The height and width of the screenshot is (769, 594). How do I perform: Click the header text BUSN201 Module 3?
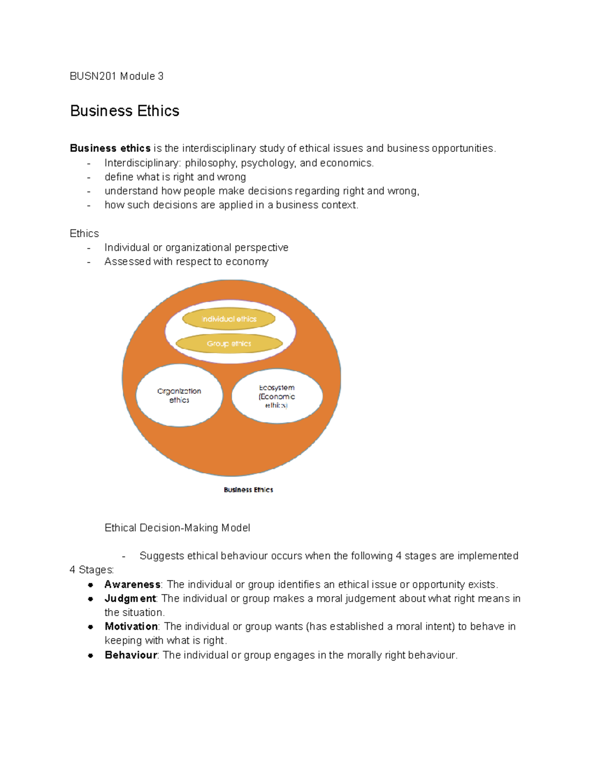116,76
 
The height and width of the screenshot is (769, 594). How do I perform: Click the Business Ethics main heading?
125,110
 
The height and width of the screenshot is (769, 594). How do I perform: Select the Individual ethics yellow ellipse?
229,319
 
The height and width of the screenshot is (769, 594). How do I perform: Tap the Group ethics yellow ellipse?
229,344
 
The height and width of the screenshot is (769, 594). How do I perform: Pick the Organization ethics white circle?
179,396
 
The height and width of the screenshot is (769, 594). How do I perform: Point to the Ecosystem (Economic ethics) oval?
277,396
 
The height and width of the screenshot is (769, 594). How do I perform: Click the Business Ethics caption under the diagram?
248,490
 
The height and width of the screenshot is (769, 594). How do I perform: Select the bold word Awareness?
132,584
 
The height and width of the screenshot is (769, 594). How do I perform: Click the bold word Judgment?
130,598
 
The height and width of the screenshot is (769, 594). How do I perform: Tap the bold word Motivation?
131,626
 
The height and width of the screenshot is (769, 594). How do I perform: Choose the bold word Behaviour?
131,655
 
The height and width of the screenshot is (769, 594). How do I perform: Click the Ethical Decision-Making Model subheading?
177,528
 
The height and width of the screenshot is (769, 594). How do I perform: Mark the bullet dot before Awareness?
91,585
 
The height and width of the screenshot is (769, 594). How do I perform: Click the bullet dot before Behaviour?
91,656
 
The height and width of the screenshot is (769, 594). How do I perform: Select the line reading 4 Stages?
92,569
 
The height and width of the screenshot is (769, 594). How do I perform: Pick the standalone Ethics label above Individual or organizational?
84,233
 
